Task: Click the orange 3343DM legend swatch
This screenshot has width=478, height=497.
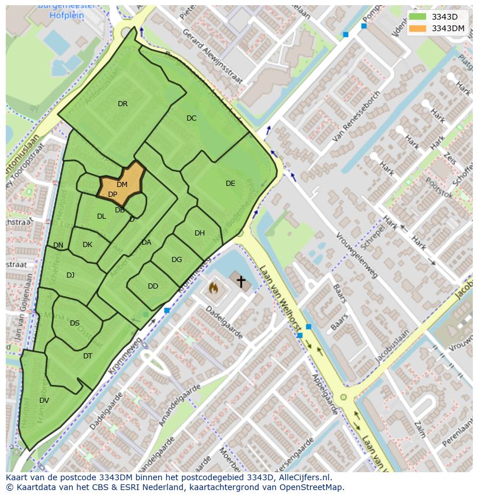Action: point(418,28)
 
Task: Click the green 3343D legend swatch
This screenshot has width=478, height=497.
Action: point(418,17)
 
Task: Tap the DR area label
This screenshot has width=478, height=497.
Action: point(122,104)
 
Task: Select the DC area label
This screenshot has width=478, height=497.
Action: point(192,118)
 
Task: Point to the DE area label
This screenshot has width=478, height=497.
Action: point(230,184)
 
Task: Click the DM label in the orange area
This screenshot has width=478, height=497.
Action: point(122,185)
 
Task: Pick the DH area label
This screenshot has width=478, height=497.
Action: point(200,233)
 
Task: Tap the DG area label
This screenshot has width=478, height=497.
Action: point(177,260)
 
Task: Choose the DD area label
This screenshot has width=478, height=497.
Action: point(153,286)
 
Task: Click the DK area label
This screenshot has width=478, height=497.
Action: point(87,245)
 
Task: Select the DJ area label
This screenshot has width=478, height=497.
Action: point(70,275)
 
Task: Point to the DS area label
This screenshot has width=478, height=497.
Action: point(74,323)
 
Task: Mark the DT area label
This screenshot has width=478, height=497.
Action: point(88,356)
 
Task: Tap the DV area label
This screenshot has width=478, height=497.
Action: point(44,401)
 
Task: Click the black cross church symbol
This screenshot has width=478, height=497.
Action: point(241,282)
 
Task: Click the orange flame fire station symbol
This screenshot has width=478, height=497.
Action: point(213,287)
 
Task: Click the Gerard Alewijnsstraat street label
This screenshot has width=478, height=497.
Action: point(212,55)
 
